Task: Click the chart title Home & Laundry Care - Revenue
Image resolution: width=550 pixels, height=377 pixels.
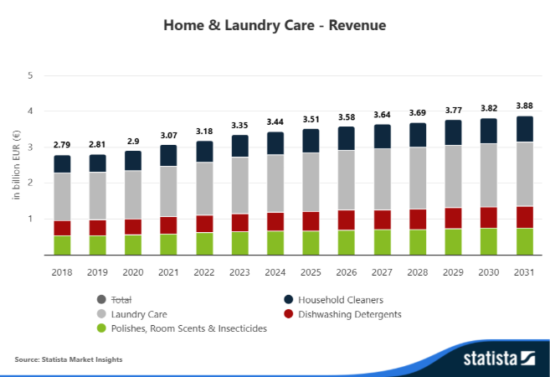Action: (x=275, y=25)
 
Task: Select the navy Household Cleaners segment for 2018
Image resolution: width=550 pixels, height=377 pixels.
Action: (x=62, y=164)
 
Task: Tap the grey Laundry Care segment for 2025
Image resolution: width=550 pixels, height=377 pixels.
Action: (x=311, y=182)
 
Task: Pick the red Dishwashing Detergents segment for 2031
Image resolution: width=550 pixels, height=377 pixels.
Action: (x=524, y=217)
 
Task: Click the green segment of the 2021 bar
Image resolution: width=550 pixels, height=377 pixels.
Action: (x=168, y=245)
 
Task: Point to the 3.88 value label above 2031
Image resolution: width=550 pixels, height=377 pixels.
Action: (x=524, y=106)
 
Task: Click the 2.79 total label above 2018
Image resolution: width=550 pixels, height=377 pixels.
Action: (x=62, y=145)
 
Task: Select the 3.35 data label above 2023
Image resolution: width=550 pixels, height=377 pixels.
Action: (x=239, y=126)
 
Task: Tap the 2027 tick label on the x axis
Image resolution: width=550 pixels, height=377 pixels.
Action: (x=382, y=272)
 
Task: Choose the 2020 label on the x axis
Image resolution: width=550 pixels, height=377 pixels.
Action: (x=133, y=272)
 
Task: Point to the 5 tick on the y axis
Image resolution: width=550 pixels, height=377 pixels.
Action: (x=30, y=75)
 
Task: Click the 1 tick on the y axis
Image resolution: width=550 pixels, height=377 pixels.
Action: (x=30, y=219)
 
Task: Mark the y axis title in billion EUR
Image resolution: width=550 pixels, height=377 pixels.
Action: (x=16, y=165)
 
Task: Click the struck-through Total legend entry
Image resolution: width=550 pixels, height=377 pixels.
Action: (x=121, y=300)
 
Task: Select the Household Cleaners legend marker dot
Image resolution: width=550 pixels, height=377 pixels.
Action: (x=288, y=299)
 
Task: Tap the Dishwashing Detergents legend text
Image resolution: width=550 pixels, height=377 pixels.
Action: (x=350, y=314)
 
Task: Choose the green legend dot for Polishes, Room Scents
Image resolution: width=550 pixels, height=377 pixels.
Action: (x=101, y=328)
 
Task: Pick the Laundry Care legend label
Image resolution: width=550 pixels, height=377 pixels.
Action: (x=139, y=314)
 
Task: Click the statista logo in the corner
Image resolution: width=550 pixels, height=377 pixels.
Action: (x=499, y=359)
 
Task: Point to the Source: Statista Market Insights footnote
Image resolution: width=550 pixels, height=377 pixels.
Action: (x=69, y=359)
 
